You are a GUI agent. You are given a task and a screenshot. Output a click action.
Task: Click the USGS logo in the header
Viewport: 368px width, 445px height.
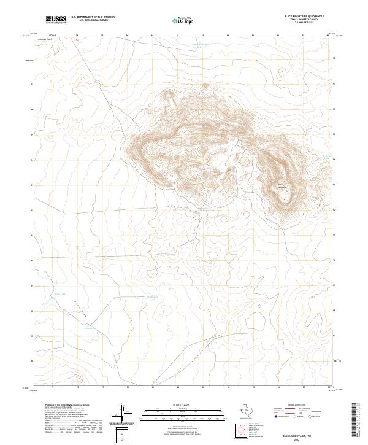56,19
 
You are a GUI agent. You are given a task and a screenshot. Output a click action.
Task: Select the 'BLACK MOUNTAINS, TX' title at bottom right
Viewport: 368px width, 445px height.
297,434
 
